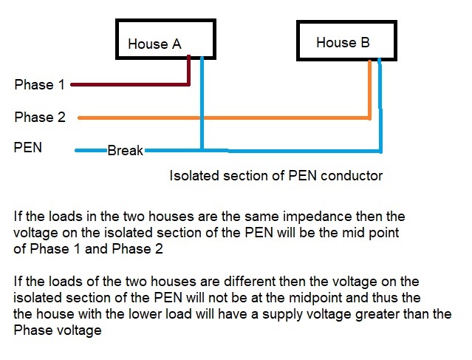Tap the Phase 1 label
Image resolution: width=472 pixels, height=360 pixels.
coord(34,85)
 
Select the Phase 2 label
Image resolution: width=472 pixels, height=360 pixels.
coord(40,117)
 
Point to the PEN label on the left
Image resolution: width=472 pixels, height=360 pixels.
coord(28,147)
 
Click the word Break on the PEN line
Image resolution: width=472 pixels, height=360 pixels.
coord(125,151)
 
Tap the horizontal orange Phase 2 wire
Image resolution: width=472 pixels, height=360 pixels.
coord(222,118)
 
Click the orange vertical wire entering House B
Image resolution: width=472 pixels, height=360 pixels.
coord(370,89)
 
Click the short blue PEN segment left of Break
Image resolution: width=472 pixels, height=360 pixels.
coord(91,151)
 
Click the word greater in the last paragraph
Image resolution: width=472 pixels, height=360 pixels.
coord(403,314)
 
